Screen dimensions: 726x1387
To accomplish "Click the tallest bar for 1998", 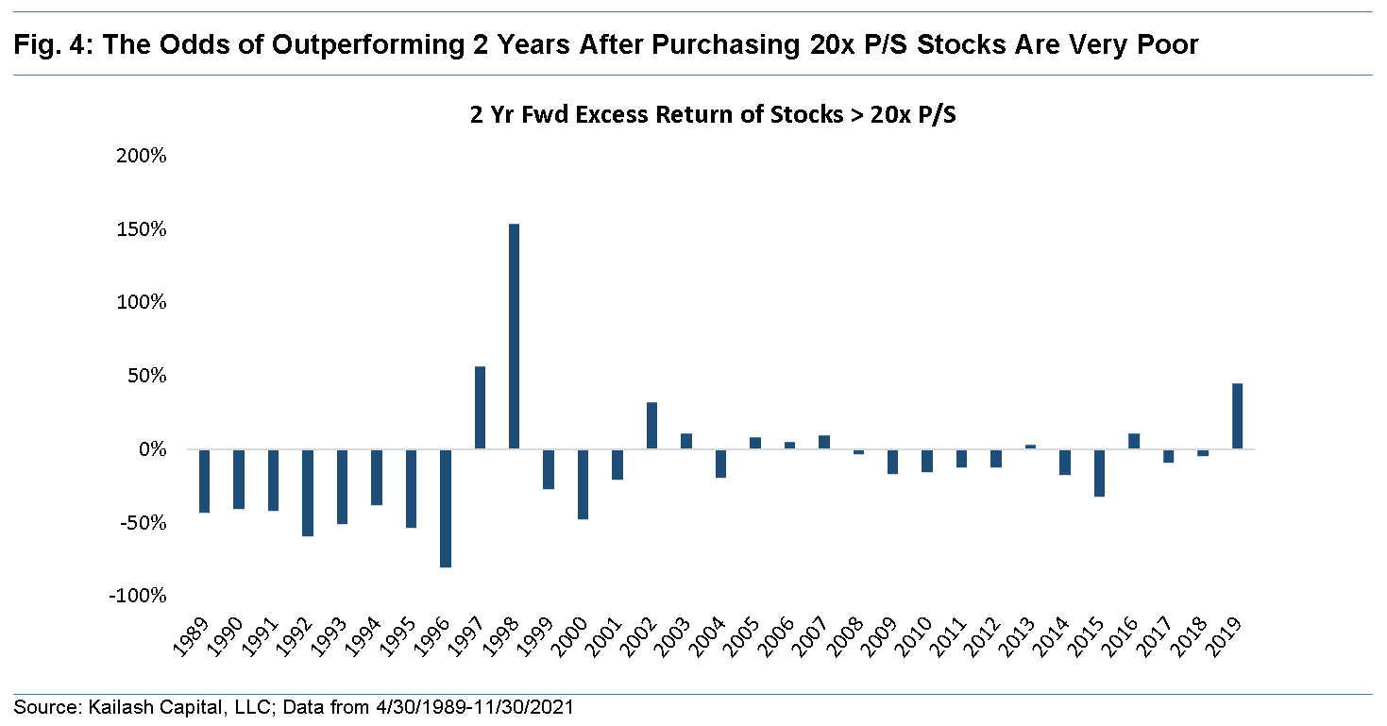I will (514, 336).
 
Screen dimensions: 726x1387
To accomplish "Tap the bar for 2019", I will (1237, 416).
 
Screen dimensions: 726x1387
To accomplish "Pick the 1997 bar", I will (480, 408).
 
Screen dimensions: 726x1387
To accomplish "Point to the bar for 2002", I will (651, 426).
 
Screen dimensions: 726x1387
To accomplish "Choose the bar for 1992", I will (308, 493).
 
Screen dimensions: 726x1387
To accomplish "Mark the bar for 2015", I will (1099, 473).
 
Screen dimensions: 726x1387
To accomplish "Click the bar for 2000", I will (583, 484).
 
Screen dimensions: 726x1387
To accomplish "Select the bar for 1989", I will (204, 481).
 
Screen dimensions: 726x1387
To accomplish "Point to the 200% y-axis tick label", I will (142, 157).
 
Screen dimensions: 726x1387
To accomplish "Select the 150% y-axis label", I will (142, 230).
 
